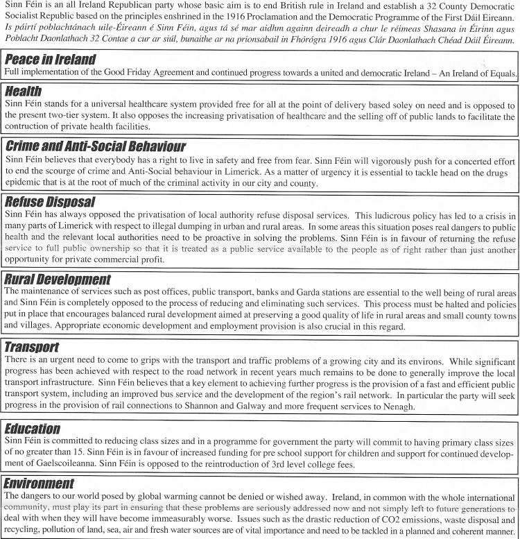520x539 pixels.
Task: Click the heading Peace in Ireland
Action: [50, 59]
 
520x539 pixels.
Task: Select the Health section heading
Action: [23, 91]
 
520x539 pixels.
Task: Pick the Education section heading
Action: [32, 429]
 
